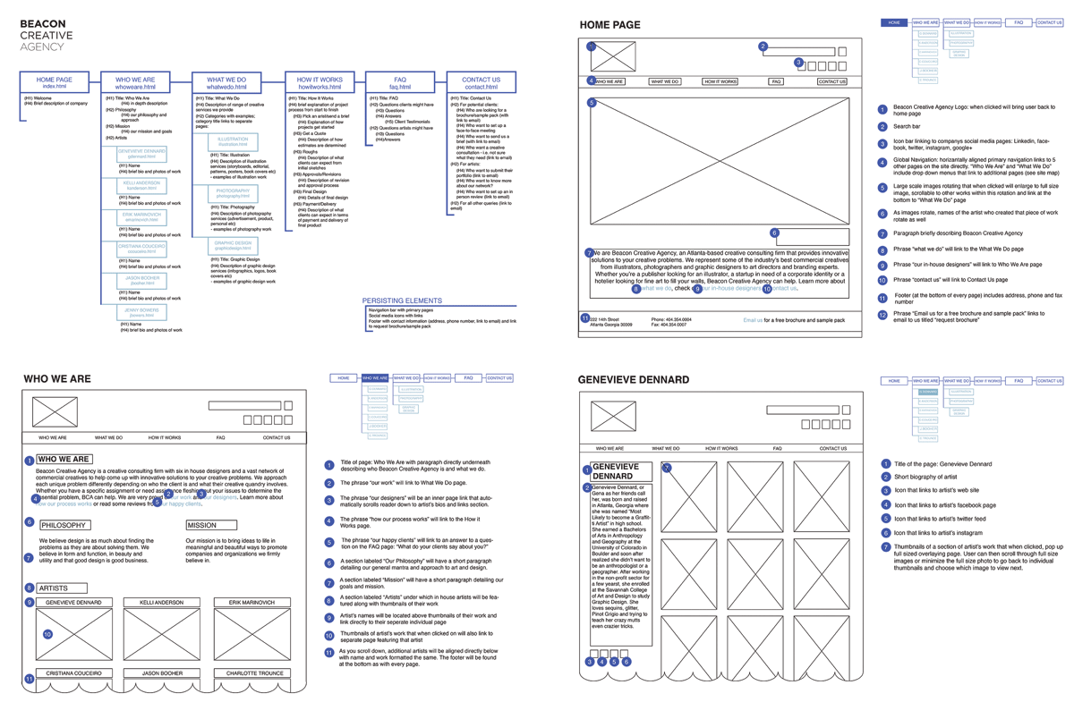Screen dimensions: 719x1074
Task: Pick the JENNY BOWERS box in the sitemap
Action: click(x=141, y=312)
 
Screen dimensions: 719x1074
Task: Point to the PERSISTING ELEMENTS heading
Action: click(x=402, y=300)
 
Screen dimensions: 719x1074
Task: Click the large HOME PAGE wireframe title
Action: click(x=609, y=25)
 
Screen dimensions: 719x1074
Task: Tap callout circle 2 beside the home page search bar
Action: click(x=763, y=47)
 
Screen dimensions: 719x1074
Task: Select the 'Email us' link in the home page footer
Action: click(x=754, y=319)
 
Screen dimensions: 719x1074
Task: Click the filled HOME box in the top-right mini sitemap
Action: click(x=894, y=22)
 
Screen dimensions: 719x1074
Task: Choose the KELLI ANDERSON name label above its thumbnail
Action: click(x=162, y=603)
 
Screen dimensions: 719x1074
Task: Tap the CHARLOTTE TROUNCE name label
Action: click(x=254, y=672)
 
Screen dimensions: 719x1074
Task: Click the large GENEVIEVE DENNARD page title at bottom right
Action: click(x=634, y=379)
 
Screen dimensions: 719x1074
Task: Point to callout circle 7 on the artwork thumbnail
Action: click(x=666, y=468)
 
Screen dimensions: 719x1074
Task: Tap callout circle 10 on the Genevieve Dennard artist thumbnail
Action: click(x=47, y=634)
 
